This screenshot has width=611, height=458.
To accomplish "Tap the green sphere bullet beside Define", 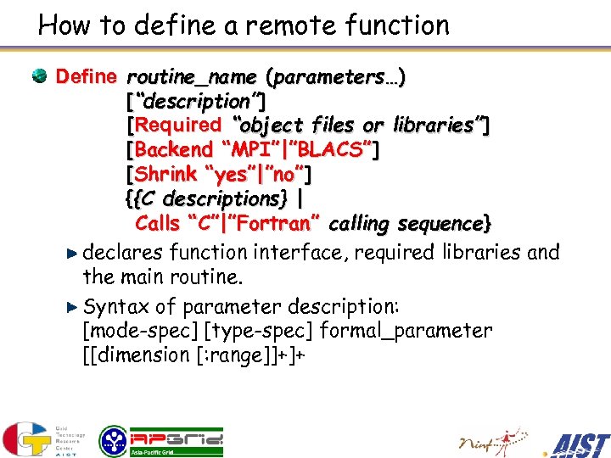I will pos(40,77).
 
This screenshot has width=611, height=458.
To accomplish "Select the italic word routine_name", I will pos(192,77).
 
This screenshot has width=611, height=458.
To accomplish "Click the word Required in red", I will pos(177,126).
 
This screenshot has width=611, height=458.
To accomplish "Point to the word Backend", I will pos(173,150).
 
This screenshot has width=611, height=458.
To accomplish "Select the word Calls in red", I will pos(157,224).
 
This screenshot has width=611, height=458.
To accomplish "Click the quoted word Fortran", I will pos(279,224).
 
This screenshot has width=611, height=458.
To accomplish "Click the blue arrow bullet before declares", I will pos(74,253).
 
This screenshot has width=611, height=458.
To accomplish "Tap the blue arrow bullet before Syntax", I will pos(74,305).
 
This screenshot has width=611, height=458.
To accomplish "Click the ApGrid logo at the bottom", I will pos(161,439).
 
